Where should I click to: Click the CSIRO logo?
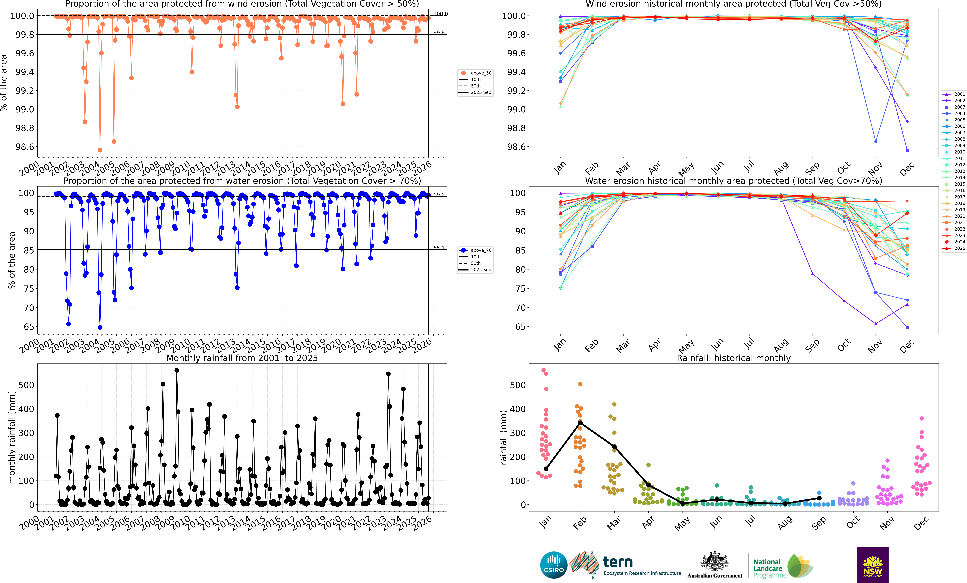[x=554, y=565]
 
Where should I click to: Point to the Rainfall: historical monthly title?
[x=733, y=358]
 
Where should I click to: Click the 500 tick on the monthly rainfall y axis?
[x=26, y=385]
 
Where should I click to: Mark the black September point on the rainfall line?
[x=819, y=498]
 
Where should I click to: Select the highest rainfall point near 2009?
[x=177, y=370]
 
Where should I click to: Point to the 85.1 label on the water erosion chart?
[x=439, y=248]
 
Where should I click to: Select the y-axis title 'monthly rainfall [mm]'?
[x=12, y=437]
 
